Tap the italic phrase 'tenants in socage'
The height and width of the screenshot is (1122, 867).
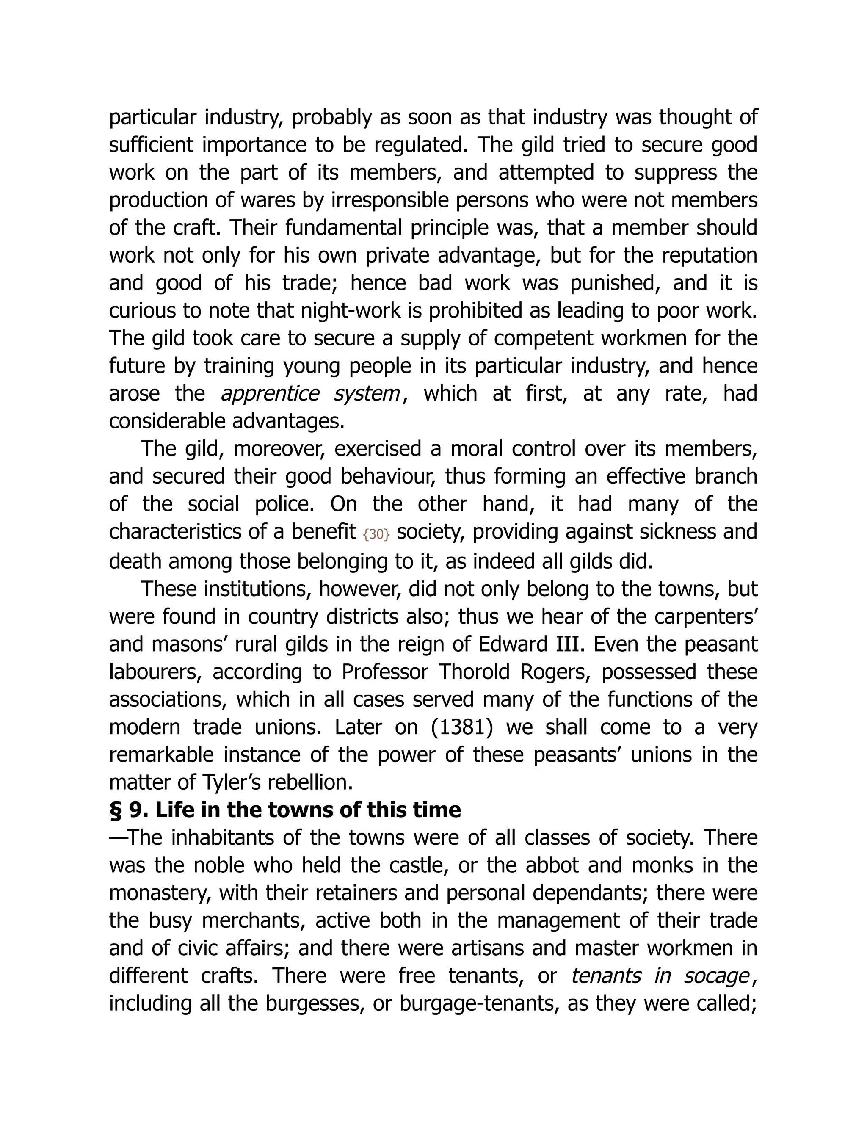click(660, 976)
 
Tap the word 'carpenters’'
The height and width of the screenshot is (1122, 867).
click(714, 616)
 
